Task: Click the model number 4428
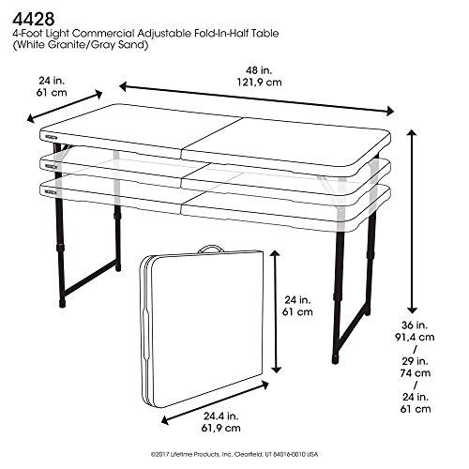[x=34, y=19]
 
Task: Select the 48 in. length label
[x=259, y=70]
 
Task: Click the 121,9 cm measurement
[x=259, y=83]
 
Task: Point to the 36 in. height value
[x=415, y=325]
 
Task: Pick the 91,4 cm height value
[x=415, y=337]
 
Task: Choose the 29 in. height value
[x=415, y=361]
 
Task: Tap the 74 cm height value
[x=416, y=373]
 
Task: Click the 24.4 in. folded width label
[x=221, y=416]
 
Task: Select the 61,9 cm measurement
[x=221, y=428]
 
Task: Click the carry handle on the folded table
[x=211, y=249]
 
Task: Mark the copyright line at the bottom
[x=234, y=454]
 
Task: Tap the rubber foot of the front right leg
[x=336, y=359]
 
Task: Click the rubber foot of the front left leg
[x=63, y=302]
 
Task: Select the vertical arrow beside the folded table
[x=276, y=311]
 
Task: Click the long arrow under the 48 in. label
[x=256, y=98]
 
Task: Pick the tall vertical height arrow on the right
[x=412, y=221]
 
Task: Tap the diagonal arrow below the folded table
[x=215, y=402]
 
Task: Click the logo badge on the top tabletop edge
[x=51, y=138]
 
